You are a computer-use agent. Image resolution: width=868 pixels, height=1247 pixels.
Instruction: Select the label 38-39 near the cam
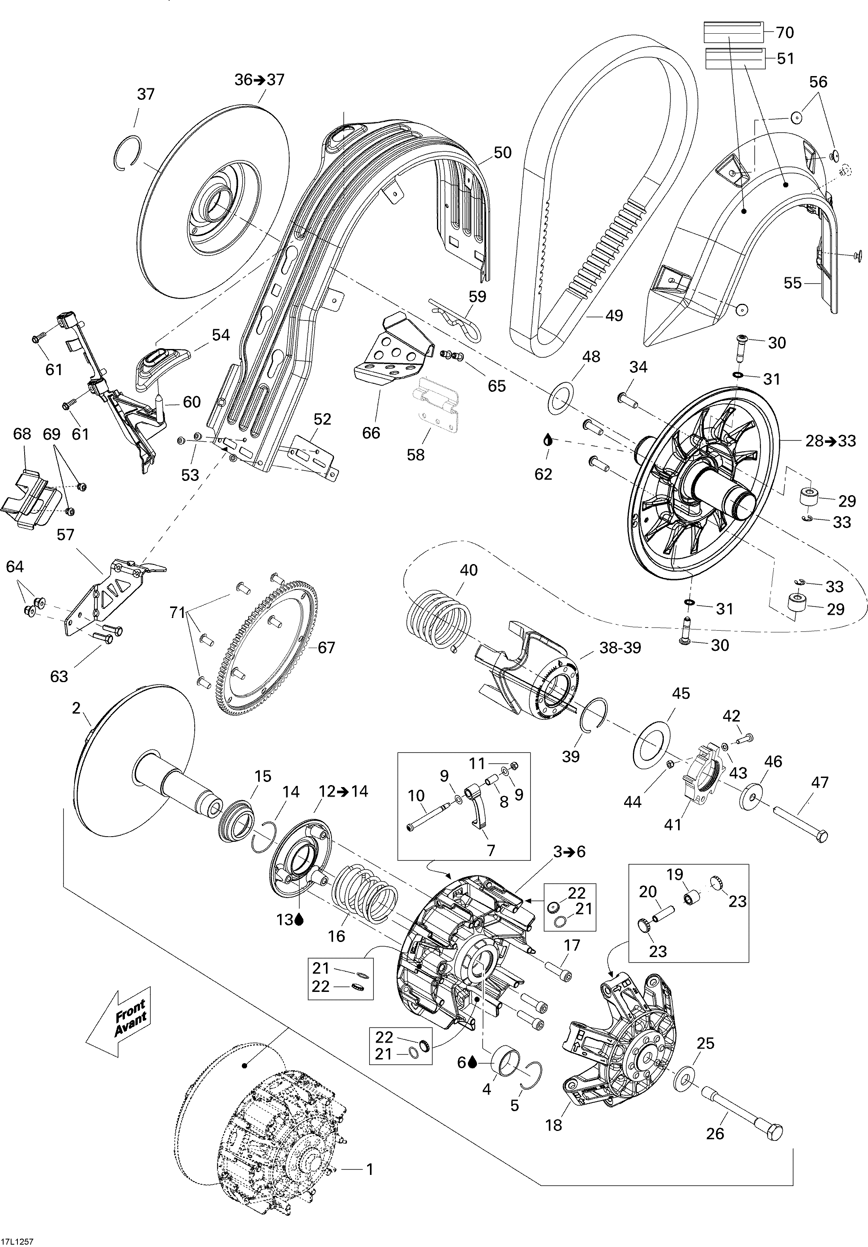[620, 647]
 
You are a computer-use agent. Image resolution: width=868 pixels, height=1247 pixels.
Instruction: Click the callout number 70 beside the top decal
[784, 32]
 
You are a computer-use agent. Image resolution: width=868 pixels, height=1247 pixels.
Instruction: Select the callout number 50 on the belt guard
[503, 153]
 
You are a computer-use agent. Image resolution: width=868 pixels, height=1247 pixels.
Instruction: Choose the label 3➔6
[569, 852]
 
